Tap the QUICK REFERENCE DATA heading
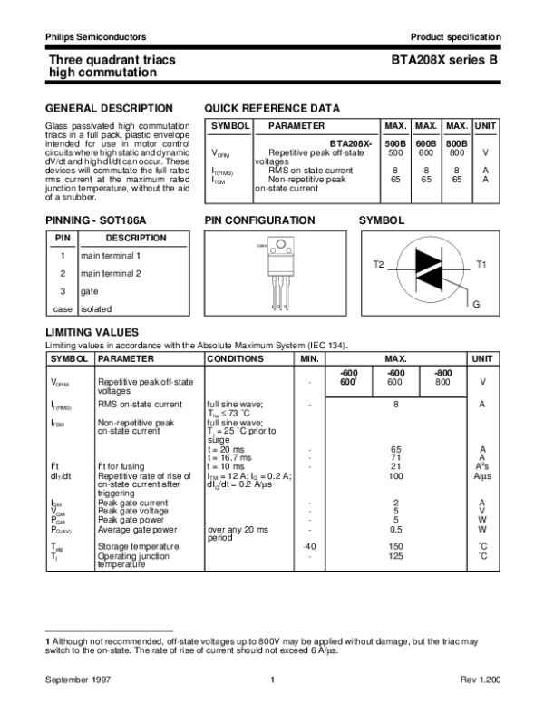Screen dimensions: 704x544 (x=273, y=107)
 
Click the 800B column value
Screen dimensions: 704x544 (x=458, y=143)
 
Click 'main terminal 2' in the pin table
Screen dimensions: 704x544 (x=111, y=273)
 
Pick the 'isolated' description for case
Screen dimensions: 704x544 (x=96, y=308)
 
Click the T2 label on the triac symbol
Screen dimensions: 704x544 (x=379, y=263)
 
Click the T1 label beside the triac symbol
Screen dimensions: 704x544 (x=481, y=263)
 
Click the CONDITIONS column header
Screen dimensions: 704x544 (x=235, y=359)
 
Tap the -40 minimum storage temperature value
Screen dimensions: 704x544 (x=309, y=546)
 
